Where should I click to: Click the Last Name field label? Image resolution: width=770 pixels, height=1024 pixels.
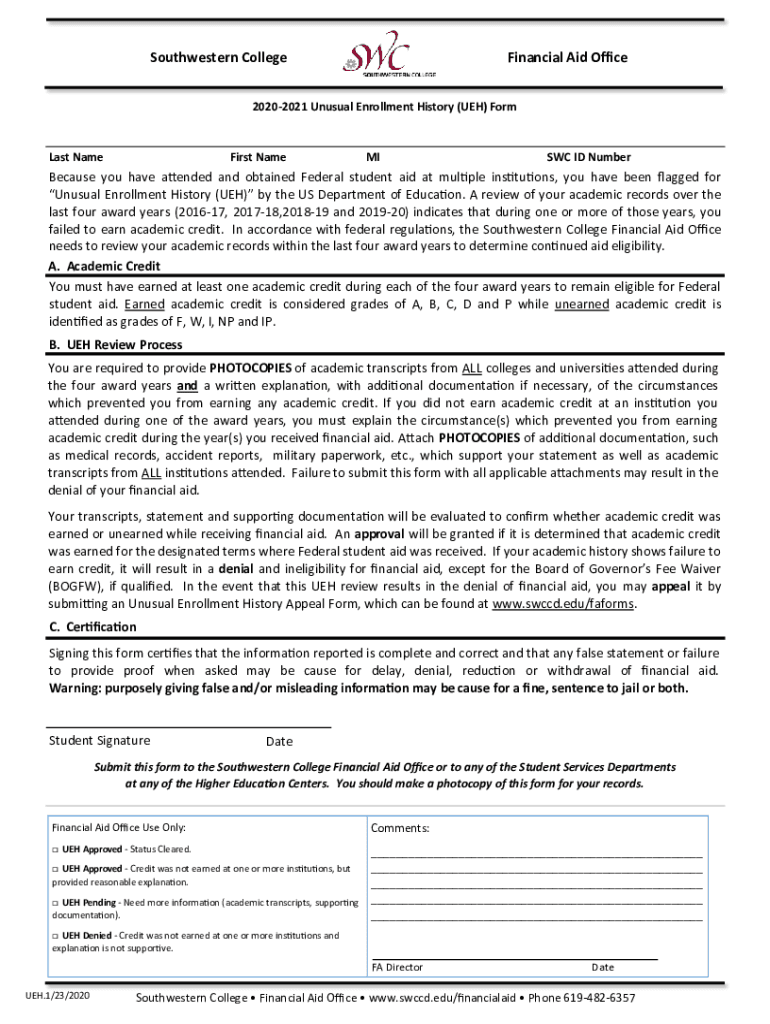[76, 157]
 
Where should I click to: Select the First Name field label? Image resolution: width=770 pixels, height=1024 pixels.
[258, 157]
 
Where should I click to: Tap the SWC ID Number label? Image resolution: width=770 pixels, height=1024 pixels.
[588, 157]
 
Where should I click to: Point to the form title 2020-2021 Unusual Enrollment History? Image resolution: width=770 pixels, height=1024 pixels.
[385, 106]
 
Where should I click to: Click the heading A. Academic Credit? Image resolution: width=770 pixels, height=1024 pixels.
[104, 266]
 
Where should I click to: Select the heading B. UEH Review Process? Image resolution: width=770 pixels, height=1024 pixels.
[115, 345]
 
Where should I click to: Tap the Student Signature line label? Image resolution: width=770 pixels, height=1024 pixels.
[100, 740]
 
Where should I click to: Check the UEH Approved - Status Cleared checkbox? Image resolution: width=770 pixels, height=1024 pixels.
[55, 849]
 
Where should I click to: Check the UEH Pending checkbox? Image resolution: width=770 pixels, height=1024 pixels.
[55, 903]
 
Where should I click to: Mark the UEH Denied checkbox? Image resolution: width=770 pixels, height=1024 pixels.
[55, 936]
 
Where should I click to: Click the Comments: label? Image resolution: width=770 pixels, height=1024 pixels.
[400, 828]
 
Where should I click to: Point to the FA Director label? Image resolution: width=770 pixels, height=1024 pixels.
[397, 967]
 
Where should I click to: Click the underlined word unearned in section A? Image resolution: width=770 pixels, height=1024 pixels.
[581, 304]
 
